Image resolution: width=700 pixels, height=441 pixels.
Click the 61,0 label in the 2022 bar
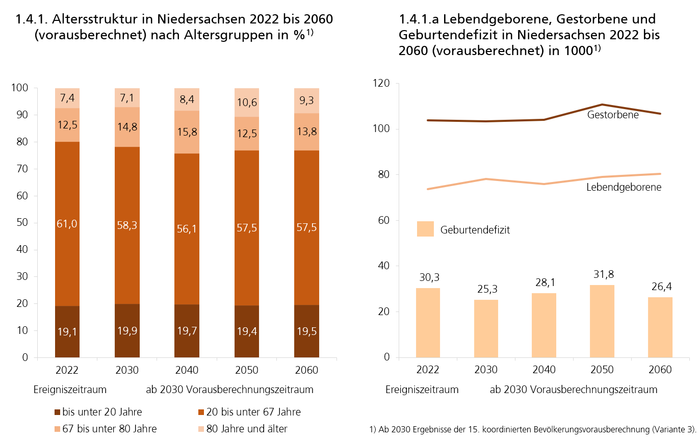pyautogui.click(x=67, y=223)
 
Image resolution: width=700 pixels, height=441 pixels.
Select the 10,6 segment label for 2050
pyautogui.click(x=246, y=102)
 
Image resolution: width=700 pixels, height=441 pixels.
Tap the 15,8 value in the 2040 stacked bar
pyautogui.click(x=187, y=132)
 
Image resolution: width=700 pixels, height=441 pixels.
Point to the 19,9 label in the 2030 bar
pyautogui.click(x=127, y=331)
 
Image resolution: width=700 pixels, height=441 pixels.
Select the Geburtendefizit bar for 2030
pyautogui.click(x=486, y=329)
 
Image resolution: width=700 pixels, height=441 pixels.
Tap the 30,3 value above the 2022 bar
pyautogui.click(x=428, y=278)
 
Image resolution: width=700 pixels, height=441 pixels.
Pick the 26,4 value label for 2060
pyautogui.click(x=660, y=287)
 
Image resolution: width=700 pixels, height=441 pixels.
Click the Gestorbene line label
pyautogui.click(x=613, y=115)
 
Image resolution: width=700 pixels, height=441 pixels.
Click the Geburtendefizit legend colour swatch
pyautogui.click(x=425, y=229)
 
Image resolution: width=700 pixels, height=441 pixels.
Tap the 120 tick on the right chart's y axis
pyautogui.click(x=381, y=83)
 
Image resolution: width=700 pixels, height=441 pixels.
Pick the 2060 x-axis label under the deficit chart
pyautogui.click(x=660, y=370)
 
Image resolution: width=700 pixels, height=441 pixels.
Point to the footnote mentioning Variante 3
pyautogui.click(x=533, y=429)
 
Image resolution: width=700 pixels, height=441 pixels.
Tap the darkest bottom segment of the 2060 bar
pyautogui.click(x=306, y=331)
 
